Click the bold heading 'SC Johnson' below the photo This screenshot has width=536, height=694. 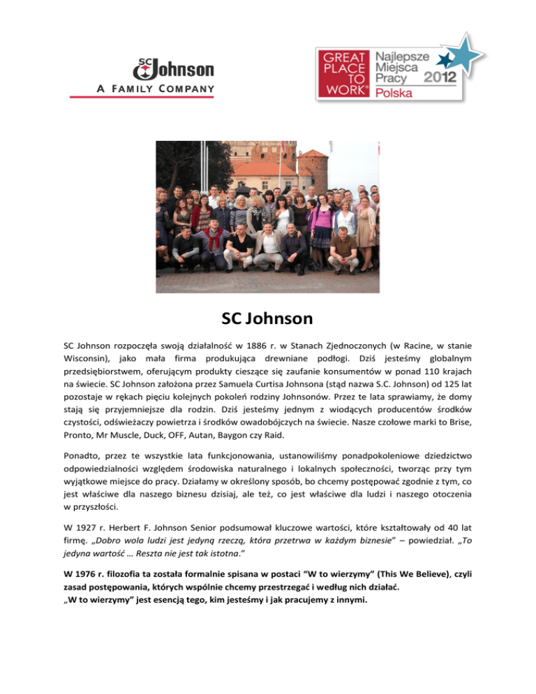pos(267,320)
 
